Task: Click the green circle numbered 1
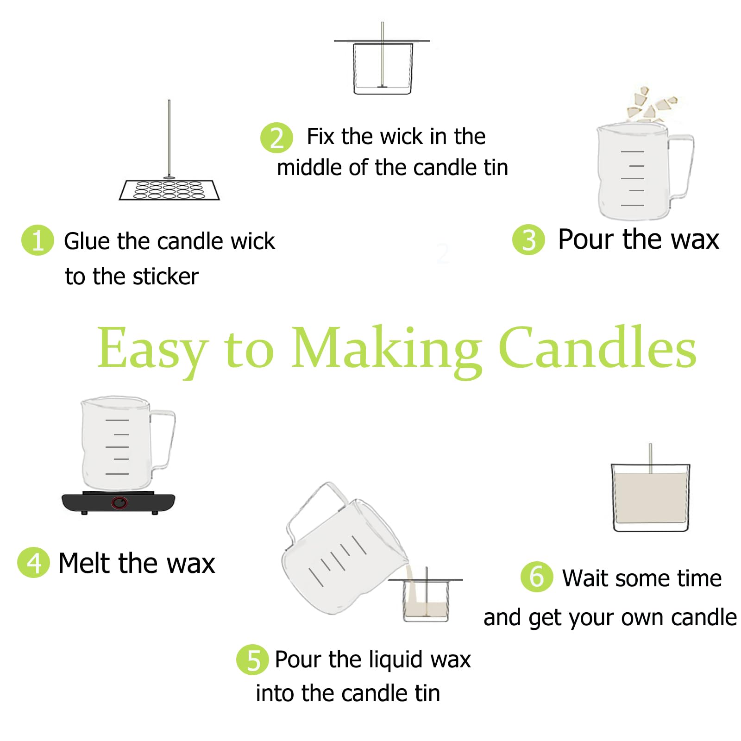tap(38, 240)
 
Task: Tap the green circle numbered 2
tap(276, 138)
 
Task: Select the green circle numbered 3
tap(528, 239)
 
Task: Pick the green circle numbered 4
tap(33, 562)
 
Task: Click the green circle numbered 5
tap(252, 659)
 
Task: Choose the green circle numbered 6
tap(537, 577)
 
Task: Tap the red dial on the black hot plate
tap(119, 502)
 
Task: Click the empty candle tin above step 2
tap(383, 69)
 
